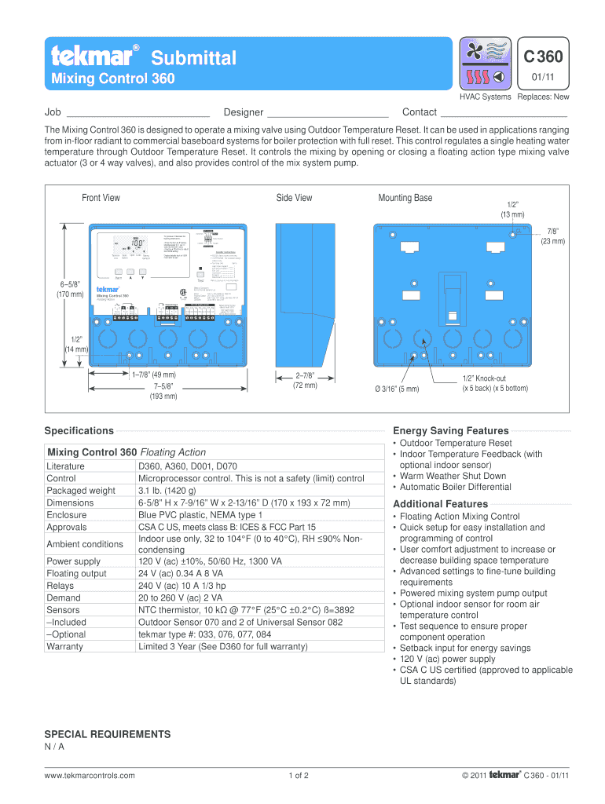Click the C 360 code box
click(x=543, y=57)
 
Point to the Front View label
click(x=101, y=198)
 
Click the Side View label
click(x=294, y=198)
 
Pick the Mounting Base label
click(x=405, y=198)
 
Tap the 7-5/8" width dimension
click(x=163, y=391)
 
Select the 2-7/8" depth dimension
click(x=304, y=380)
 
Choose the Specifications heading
click(x=79, y=430)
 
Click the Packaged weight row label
click(x=81, y=491)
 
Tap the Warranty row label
click(x=65, y=646)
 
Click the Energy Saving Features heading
click(x=450, y=430)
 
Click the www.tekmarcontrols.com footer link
click(x=90, y=776)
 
